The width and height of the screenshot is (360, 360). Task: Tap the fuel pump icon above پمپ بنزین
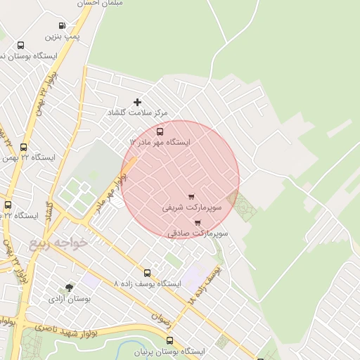pyautogui.click(x=63, y=25)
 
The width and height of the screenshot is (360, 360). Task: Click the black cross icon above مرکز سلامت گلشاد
pyautogui.click(x=137, y=103)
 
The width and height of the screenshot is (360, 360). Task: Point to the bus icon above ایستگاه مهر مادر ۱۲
pyautogui.click(x=160, y=131)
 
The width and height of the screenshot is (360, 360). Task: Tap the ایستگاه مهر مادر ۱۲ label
pyautogui.click(x=160, y=142)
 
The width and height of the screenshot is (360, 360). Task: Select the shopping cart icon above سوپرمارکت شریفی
pyautogui.click(x=191, y=197)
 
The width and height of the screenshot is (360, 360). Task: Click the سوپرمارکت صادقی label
pyautogui.click(x=198, y=233)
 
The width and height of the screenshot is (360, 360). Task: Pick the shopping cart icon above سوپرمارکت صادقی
pyautogui.click(x=198, y=222)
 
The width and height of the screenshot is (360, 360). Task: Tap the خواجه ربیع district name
pyautogui.click(x=59, y=243)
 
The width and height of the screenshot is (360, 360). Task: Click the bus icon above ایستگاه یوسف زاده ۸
pyautogui.click(x=147, y=273)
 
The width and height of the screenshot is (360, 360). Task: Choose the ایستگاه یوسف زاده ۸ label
pyautogui.click(x=147, y=283)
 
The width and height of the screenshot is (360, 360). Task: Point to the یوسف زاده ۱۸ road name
pyautogui.click(x=204, y=284)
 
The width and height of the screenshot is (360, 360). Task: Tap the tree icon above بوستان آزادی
pyautogui.click(x=68, y=288)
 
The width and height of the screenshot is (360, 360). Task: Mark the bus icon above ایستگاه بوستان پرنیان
pyautogui.click(x=169, y=340)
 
